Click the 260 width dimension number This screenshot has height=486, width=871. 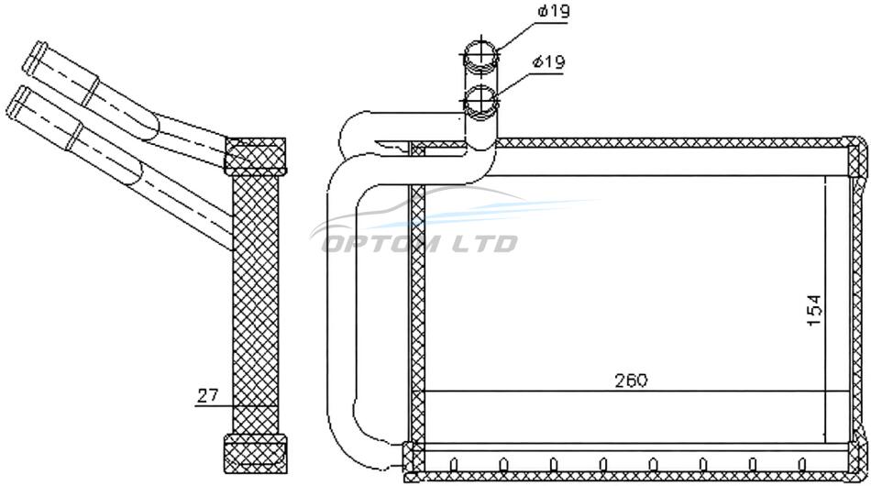pos(631,381)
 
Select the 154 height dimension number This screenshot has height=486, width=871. pos(814,310)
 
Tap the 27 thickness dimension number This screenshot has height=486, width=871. pos(208,396)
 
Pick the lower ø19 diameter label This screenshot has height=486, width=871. pos(549,61)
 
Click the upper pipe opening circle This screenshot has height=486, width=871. pos(481,54)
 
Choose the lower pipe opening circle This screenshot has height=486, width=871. pos(481,101)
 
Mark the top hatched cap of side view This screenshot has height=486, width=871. pos(256,155)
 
